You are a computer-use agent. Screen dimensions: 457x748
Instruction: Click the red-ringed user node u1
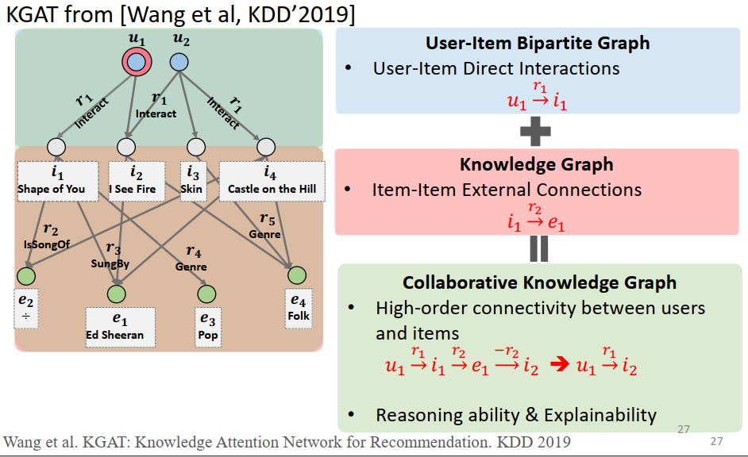(137, 62)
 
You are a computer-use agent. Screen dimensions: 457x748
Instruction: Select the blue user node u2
(179, 62)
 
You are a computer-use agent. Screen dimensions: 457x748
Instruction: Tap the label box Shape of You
(57, 180)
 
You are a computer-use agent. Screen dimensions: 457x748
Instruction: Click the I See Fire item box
(136, 180)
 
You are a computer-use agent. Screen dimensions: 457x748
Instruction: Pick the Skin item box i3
(191, 180)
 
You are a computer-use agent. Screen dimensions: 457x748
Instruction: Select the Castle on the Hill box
(272, 180)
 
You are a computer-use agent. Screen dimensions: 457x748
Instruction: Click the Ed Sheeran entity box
(120, 326)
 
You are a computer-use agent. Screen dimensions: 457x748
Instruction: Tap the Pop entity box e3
(208, 326)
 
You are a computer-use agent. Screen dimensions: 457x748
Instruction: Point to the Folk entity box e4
(299, 308)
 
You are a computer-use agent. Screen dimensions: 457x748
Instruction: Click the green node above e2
(26, 276)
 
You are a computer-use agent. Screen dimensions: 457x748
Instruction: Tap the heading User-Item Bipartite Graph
(538, 43)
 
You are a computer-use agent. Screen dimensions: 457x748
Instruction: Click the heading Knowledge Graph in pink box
(537, 164)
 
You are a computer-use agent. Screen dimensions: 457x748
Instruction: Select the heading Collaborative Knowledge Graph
(539, 282)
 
